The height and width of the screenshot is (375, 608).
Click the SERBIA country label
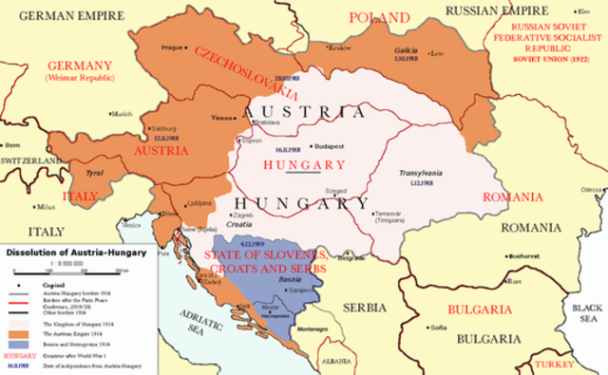pos(365,308)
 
